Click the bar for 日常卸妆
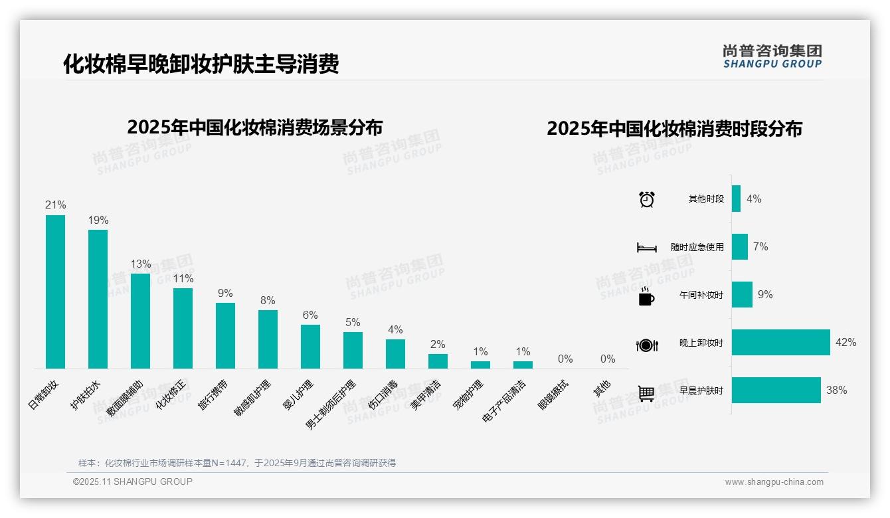pyautogui.click(x=55, y=292)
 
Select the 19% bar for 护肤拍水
pyautogui.click(x=98, y=299)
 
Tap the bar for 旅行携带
pyautogui.click(x=225, y=335)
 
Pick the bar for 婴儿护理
pyautogui.click(x=310, y=346)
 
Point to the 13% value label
pyautogui.click(x=141, y=264)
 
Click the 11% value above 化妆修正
pyautogui.click(x=183, y=278)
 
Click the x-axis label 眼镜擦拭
pyautogui.click(x=553, y=395)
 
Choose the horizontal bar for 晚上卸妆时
pyautogui.click(x=780, y=343)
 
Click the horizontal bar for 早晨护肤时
pyautogui.click(x=776, y=390)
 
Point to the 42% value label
pyautogui.click(x=846, y=343)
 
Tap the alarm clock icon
pyautogui.click(x=646, y=199)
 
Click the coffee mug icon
pyautogui.click(x=646, y=296)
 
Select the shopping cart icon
pyautogui.click(x=646, y=393)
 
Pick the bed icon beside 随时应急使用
pyautogui.click(x=646, y=248)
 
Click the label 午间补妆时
pyautogui.click(x=701, y=295)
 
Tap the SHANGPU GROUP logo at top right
pyautogui.click(x=772, y=56)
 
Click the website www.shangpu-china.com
pyautogui.click(x=774, y=482)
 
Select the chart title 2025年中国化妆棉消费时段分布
pyautogui.click(x=674, y=128)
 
